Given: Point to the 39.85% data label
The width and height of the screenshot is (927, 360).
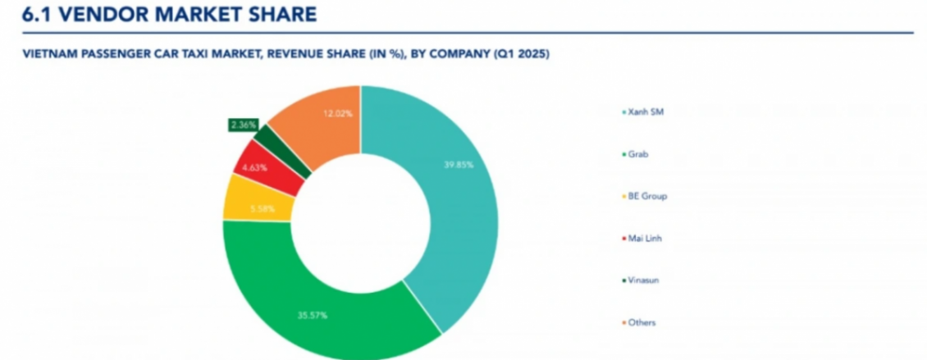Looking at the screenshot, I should [459, 164].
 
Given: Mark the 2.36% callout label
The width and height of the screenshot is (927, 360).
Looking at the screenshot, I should [243, 125].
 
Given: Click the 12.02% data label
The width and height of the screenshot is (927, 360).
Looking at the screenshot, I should [338, 113].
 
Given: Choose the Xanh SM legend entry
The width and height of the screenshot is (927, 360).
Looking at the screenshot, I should [644, 112].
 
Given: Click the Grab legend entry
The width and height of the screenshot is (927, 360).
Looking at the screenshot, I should [636, 154].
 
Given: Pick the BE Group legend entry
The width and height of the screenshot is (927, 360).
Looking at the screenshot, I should [646, 196].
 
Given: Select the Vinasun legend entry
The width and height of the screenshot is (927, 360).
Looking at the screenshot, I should [642, 280].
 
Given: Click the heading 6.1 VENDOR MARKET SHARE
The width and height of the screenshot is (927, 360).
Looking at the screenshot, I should [169, 14].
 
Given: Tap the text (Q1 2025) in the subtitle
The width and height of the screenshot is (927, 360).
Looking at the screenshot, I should [519, 55].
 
